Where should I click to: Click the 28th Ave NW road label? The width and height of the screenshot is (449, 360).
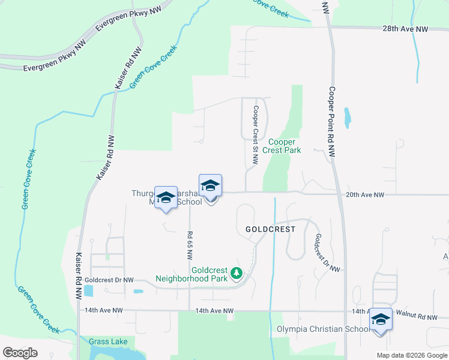tap(406, 29)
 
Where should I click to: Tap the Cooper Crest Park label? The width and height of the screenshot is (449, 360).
tap(284, 146)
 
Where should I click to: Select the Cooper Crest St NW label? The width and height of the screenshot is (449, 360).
tap(255, 135)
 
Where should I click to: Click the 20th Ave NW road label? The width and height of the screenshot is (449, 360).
tap(364, 194)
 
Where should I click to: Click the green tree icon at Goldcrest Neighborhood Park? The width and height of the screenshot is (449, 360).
tap(237, 274)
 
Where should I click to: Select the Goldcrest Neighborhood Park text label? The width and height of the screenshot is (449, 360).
tap(191, 274)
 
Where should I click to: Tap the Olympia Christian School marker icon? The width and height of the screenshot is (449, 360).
tap(380, 319)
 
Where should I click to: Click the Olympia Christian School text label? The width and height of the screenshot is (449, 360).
tap(323, 329)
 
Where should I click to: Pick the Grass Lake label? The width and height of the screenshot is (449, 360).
tap(107, 341)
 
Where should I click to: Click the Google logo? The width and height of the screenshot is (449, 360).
tap(20, 353)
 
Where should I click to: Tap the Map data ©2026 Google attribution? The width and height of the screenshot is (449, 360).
tap(411, 355)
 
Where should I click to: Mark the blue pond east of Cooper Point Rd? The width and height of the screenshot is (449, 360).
tap(347, 118)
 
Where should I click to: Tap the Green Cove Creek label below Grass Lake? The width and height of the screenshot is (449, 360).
tap(38, 309)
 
